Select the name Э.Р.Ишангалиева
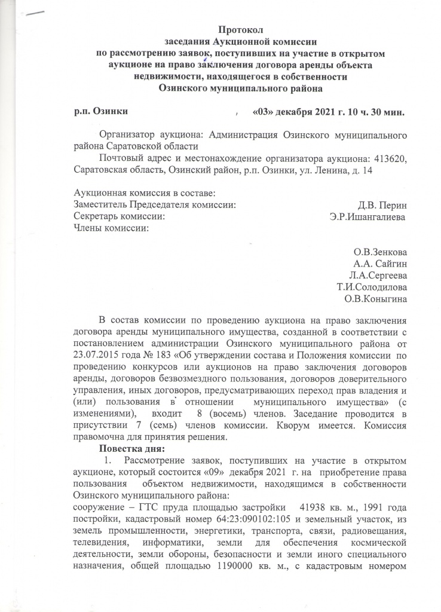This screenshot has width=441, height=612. coord(367,216)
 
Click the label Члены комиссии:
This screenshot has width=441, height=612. coord(110,228)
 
